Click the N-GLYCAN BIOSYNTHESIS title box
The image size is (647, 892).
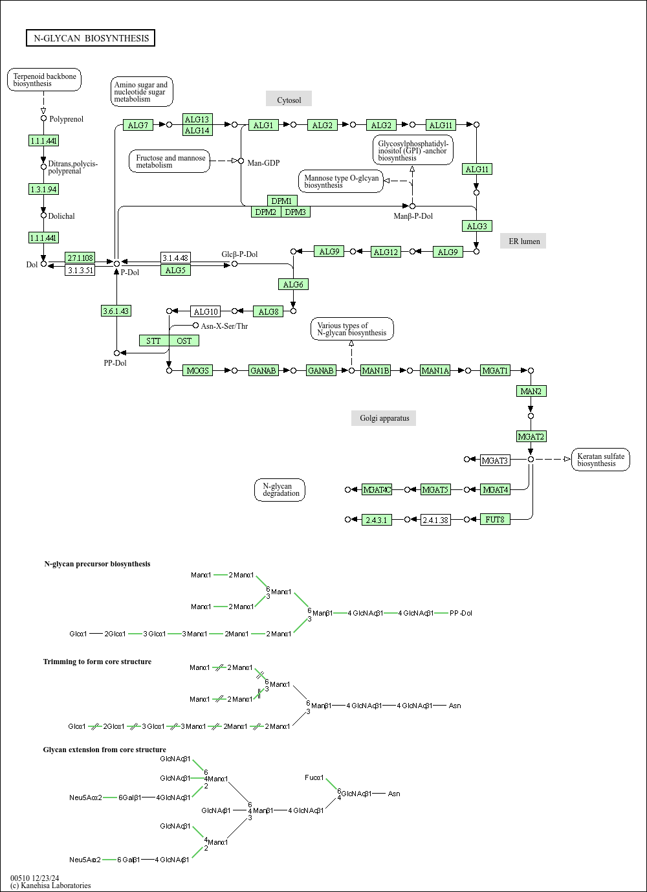(x=91, y=38)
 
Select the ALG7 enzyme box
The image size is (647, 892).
(x=138, y=125)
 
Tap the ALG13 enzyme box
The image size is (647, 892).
(x=197, y=119)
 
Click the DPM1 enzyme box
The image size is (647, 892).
(x=281, y=201)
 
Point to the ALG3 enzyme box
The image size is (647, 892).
(x=477, y=226)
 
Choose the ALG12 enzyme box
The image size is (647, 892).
(x=386, y=252)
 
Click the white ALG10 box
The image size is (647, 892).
(x=206, y=311)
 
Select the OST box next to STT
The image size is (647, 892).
(x=184, y=340)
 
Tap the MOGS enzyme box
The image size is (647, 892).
(x=198, y=370)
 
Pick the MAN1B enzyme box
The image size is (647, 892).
(x=375, y=370)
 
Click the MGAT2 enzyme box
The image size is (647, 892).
(x=531, y=436)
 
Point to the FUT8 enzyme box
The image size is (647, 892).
(x=495, y=519)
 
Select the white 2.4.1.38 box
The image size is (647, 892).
(x=435, y=520)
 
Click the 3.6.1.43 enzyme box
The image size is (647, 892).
(x=116, y=311)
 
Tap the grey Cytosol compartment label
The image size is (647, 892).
(x=289, y=100)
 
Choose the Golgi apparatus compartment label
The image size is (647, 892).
(x=384, y=418)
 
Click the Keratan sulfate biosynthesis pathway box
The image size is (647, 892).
(x=600, y=460)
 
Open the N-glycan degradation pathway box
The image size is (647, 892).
(x=280, y=490)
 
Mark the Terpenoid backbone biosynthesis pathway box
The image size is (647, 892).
(x=45, y=80)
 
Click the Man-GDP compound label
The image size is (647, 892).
(x=263, y=162)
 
